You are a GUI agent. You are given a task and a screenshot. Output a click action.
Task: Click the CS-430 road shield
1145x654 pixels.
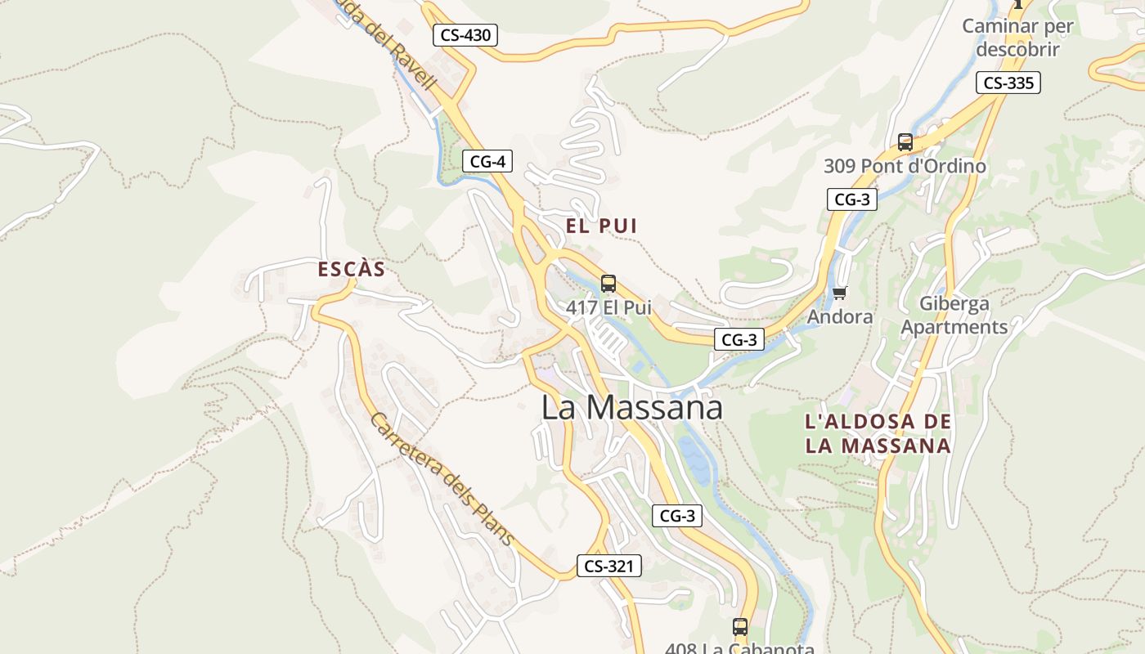pyautogui.click(x=465, y=35)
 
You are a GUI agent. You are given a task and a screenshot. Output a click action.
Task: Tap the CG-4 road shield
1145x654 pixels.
pyautogui.click(x=487, y=161)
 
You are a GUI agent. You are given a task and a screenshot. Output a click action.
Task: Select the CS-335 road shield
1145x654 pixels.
pyautogui.click(x=1008, y=83)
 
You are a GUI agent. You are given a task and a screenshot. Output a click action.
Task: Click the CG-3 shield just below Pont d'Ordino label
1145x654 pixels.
pyautogui.click(x=851, y=199)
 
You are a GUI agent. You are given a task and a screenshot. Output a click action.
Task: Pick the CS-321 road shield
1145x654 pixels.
pyautogui.click(x=608, y=566)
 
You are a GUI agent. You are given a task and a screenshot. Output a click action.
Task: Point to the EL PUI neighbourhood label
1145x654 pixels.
pyautogui.click(x=601, y=226)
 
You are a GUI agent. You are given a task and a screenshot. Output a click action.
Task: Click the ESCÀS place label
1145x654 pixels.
pyautogui.click(x=351, y=269)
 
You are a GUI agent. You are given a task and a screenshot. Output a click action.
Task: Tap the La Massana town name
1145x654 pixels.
pyautogui.click(x=631, y=407)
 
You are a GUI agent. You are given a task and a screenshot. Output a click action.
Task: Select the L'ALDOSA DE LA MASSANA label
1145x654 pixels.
pyautogui.click(x=878, y=434)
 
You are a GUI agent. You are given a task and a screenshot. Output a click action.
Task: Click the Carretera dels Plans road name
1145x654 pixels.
pyautogui.click(x=442, y=478)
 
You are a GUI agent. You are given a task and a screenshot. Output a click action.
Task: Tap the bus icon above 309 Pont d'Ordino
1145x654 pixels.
pyautogui.click(x=905, y=141)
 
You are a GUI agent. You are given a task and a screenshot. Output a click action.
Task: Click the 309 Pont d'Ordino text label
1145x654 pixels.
pyautogui.click(x=904, y=166)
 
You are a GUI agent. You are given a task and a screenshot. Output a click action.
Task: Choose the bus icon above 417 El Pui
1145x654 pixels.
pyautogui.click(x=608, y=284)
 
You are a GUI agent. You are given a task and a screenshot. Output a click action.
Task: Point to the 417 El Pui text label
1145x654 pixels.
pyautogui.click(x=608, y=308)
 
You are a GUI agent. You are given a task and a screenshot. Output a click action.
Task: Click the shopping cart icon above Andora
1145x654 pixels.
pyautogui.click(x=839, y=293)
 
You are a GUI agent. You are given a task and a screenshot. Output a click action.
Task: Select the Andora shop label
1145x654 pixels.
pyautogui.click(x=839, y=316)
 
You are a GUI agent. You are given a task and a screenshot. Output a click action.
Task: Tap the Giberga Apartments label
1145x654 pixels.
pyautogui.click(x=954, y=315)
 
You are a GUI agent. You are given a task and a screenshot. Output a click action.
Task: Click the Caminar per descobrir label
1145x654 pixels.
pyautogui.click(x=1017, y=37)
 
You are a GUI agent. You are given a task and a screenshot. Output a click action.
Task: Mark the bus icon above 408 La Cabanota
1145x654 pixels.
pyautogui.click(x=739, y=627)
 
